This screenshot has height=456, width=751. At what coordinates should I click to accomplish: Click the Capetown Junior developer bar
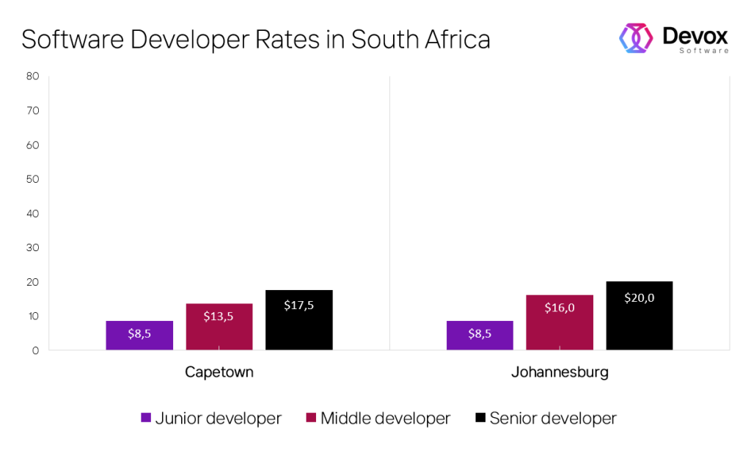click(x=139, y=335)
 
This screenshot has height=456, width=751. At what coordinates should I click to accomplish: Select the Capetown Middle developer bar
click(x=219, y=327)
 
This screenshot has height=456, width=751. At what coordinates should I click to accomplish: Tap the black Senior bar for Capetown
click(x=298, y=320)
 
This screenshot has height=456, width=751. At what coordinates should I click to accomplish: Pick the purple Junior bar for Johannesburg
click(x=480, y=335)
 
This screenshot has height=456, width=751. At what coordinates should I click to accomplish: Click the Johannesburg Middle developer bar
click(x=560, y=322)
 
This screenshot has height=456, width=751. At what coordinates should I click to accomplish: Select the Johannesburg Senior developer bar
click(x=639, y=316)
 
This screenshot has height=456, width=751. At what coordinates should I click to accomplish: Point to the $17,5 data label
click(x=298, y=305)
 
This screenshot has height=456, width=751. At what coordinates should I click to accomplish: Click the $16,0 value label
click(x=560, y=308)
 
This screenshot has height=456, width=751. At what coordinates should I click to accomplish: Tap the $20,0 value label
click(x=639, y=297)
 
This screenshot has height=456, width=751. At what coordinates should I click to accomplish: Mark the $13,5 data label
click(x=219, y=316)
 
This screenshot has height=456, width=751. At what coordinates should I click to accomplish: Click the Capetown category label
click(x=219, y=372)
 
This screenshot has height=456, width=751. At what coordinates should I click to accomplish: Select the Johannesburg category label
click(x=560, y=372)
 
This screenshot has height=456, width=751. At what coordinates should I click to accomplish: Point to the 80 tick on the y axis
click(x=32, y=76)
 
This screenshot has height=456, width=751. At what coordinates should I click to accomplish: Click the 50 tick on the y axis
click(x=32, y=179)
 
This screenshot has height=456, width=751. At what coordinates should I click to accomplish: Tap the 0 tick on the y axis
click(x=35, y=351)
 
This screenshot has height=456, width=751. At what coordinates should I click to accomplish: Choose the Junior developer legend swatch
click(x=146, y=419)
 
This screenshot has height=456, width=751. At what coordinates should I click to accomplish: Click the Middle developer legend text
click(x=385, y=419)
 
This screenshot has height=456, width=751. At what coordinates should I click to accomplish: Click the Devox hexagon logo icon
click(x=636, y=38)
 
